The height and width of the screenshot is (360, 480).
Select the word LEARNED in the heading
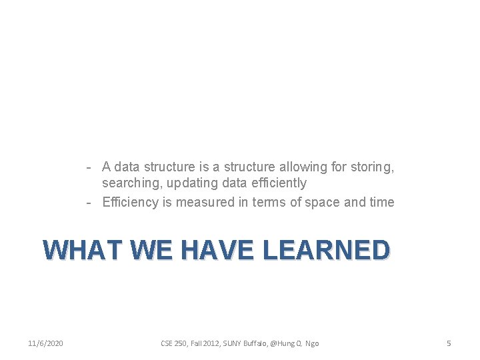point(327,250)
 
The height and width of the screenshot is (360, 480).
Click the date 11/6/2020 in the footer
point(46,343)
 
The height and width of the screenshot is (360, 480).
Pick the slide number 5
point(449,343)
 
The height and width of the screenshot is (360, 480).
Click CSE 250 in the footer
point(175,343)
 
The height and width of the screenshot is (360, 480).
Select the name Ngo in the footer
point(312,343)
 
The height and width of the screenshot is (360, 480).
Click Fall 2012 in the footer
point(207,343)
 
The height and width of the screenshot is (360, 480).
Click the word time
point(381,202)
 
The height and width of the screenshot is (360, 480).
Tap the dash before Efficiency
point(88,202)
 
